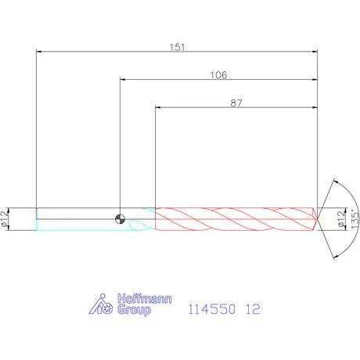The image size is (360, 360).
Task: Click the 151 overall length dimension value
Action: (177, 47)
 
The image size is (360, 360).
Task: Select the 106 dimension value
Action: (218, 75)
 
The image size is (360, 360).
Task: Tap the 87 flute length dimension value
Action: (236, 103)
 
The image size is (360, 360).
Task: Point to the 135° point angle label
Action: (355, 219)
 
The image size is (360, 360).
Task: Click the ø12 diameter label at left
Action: (5, 219)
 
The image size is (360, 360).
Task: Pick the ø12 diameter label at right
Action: (340, 219)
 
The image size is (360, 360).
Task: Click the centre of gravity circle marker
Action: (120, 219)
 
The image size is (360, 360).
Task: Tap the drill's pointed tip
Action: (317, 219)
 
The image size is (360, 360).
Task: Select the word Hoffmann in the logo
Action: (144, 299)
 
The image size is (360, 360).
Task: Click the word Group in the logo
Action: (134, 310)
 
